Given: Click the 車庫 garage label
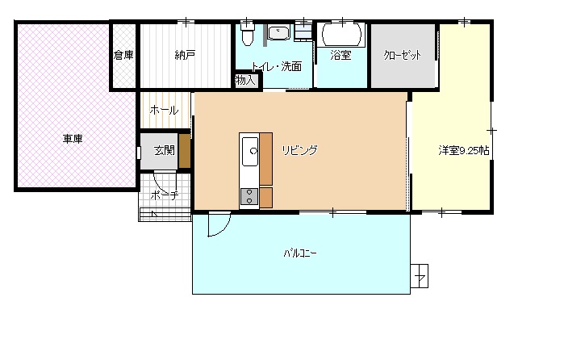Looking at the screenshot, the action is (x=73, y=139).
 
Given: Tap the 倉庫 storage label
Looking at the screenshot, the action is (x=123, y=55).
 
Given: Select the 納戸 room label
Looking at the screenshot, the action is (x=185, y=55).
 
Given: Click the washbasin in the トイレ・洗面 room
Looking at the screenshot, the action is (x=279, y=32).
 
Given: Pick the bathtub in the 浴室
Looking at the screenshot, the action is (x=341, y=35).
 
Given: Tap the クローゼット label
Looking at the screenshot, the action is (x=402, y=55).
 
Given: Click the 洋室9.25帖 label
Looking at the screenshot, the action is (x=464, y=150).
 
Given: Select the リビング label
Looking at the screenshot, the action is (x=299, y=150).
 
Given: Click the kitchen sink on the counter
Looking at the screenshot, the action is (x=250, y=151).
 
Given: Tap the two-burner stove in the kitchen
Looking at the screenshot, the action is (x=249, y=197).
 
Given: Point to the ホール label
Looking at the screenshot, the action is (x=164, y=110).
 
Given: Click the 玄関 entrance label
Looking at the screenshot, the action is (x=164, y=150).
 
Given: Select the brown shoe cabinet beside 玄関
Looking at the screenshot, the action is (x=185, y=151).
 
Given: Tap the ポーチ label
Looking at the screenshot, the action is (x=165, y=195).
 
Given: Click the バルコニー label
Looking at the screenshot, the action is (x=300, y=253).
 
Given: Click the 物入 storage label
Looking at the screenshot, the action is (x=245, y=80).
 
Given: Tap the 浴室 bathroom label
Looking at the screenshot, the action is (x=340, y=55).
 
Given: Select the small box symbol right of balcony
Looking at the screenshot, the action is (x=420, y=276).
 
